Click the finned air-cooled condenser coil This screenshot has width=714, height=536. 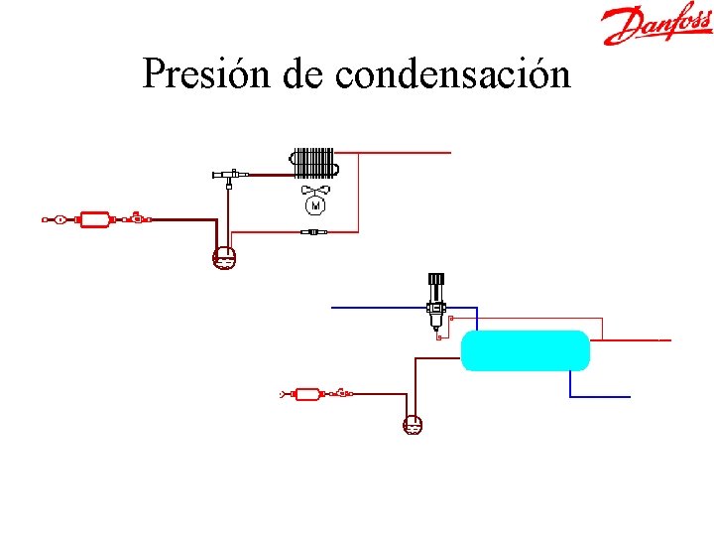tap(313, 162)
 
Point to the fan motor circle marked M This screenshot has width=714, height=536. tap(315, 205)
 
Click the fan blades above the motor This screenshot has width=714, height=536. tap(315, 189)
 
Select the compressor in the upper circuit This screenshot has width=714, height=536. tap(224, 257)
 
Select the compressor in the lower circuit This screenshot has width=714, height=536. tap(413, 424)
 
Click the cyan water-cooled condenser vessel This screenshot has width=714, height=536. tap(526, 350)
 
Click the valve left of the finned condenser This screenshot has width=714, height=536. tap(228, 176)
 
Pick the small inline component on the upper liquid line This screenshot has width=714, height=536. tap(313, 232)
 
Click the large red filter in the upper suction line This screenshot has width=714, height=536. tap(94, 218)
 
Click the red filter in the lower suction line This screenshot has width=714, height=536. tap(307, 394)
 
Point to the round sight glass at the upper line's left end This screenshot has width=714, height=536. tap(60, 218)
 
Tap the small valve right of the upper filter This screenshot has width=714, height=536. tap(136, 216)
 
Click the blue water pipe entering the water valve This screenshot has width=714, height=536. tap(377, 308)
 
